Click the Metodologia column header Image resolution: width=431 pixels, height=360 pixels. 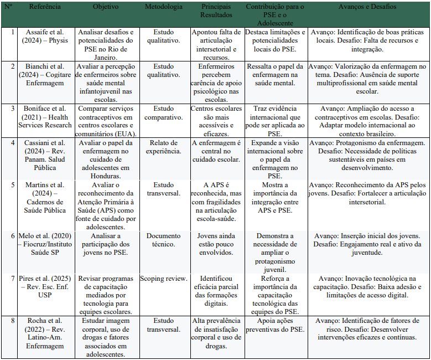[163, 7]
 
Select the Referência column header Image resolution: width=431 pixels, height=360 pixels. [45, 7]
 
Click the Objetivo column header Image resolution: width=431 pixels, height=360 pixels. [106, 7]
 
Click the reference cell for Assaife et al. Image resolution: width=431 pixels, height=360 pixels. [45, 37]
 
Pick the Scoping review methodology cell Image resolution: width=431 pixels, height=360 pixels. [163, 279]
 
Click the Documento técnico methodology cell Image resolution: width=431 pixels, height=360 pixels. [163, 239]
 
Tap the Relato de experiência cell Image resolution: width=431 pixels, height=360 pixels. [163, 147]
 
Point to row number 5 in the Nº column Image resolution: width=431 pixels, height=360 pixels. [10, 184]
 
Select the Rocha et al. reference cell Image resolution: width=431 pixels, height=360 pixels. [45, 333]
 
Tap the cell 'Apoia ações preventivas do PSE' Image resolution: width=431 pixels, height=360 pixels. [275, 325]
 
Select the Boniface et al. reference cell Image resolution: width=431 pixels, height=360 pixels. [45, 116]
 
